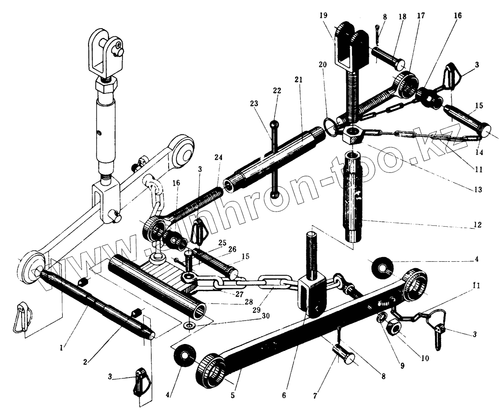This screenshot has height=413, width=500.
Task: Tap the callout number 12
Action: coord(477,225)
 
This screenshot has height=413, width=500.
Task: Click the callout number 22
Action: coord(277,91)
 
